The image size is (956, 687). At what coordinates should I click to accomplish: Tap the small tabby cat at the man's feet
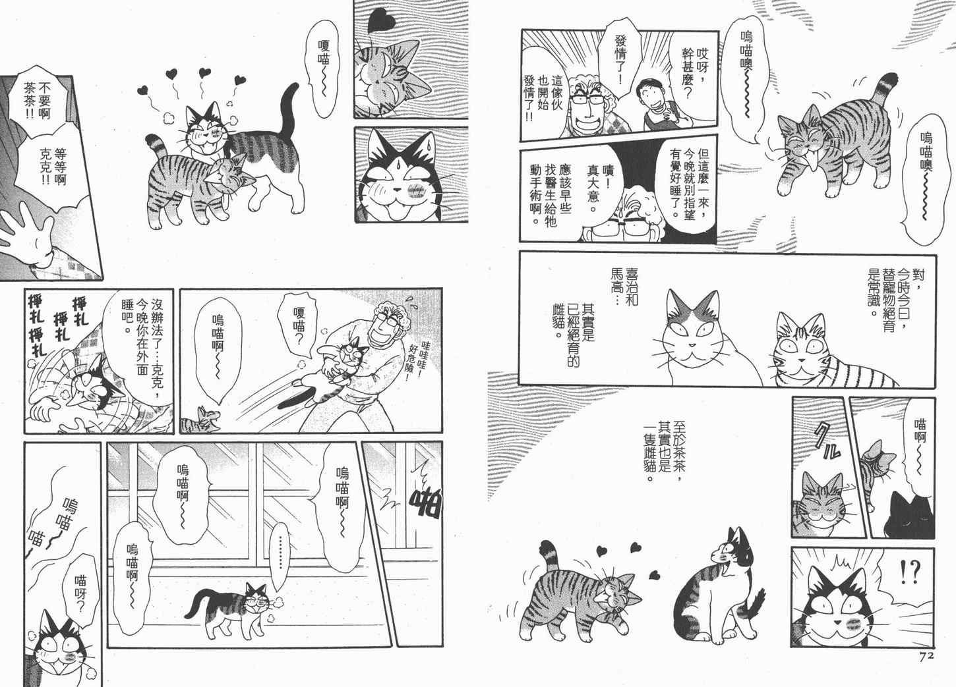click(x=200, y=420)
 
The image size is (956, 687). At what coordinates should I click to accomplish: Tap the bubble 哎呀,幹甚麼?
click(x=694, y=73)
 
